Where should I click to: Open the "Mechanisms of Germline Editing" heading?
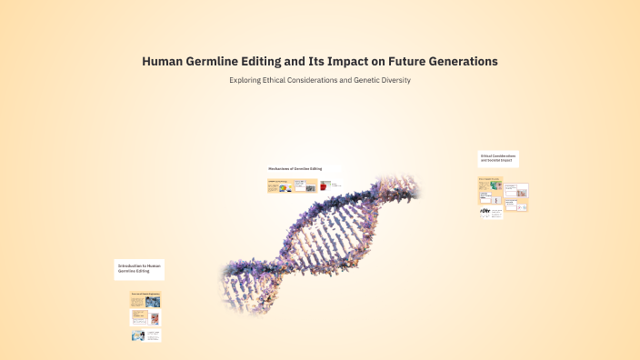point(295,168)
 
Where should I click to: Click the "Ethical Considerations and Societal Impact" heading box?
point(498,158)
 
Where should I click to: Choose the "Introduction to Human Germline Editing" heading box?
point(139,269)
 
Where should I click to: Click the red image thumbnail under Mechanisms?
point(325,185)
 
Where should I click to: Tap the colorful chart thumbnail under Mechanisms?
point(285,187)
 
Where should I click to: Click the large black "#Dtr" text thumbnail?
point(485,211)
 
